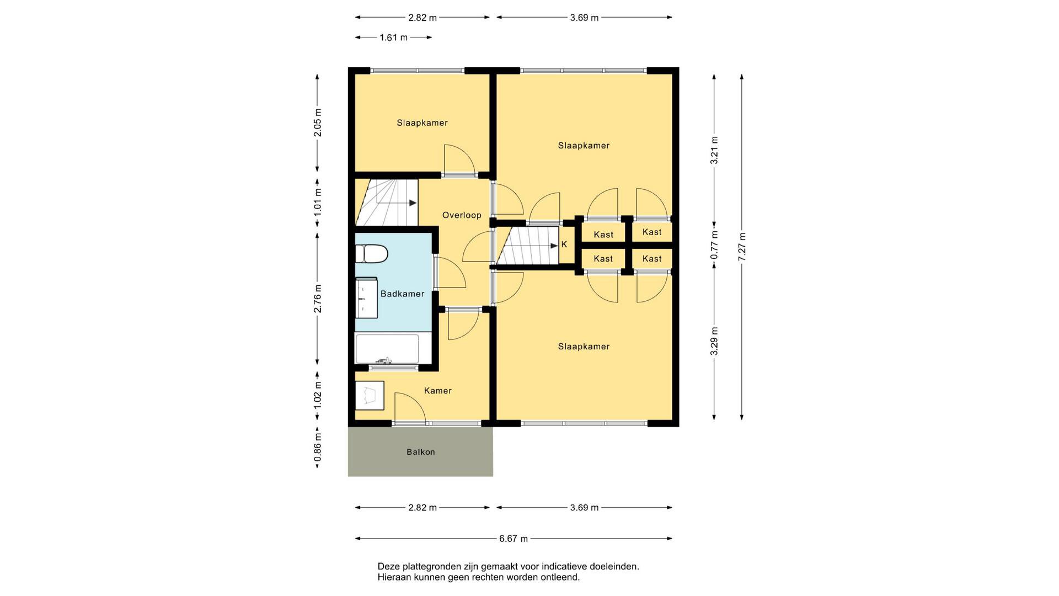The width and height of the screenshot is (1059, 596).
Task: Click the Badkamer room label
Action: click(402, 294)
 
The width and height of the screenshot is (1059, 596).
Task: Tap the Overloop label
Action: click(462, 215)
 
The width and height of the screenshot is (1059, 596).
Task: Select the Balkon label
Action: click(421, 452)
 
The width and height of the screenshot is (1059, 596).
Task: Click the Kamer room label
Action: click(438, 391)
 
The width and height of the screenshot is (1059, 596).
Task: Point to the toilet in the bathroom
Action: click(371, 254)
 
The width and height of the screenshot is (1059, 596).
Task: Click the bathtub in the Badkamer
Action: click(386, 349)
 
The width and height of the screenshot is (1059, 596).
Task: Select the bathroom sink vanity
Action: click(366, 298)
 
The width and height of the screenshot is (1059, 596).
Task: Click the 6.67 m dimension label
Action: click(514, 539)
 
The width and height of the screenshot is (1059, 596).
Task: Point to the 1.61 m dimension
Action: click(394, 38)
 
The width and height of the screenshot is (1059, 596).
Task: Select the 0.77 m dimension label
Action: click(714, 244)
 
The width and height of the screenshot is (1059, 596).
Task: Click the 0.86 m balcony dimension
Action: click(317, 448)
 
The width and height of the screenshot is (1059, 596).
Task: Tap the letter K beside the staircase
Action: click(564, 244)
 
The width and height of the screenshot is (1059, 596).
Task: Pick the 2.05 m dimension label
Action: click(317, 123)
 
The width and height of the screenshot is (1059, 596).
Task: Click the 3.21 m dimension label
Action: click(714, 150)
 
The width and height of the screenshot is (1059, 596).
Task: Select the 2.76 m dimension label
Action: click(317, 299)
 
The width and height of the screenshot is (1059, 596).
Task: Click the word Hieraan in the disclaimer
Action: click(394, 578)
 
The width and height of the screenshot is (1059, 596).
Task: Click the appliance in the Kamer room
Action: click(369, 395)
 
